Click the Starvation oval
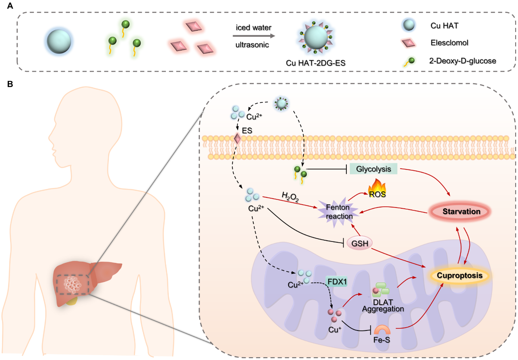pos(459,212)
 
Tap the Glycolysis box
pos(373,169)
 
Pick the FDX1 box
pos(337,281)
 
